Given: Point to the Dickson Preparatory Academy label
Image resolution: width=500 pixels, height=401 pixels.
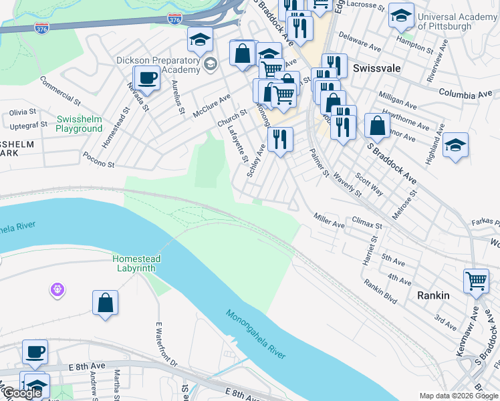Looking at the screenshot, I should point(158,65).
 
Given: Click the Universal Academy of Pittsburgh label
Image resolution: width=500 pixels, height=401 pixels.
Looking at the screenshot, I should point(457,21).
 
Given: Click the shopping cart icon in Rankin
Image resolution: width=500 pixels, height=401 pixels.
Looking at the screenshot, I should point(475,281).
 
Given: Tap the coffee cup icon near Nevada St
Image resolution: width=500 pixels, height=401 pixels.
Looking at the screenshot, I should point(147,78).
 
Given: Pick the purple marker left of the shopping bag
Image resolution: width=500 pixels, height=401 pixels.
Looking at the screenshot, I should point(57,290).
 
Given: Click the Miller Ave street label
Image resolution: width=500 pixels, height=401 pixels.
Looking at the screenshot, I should point(329,221).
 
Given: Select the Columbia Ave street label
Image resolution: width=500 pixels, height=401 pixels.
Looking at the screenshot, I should point(465,94).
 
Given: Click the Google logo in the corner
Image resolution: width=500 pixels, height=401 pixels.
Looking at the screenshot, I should point(22,393).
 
